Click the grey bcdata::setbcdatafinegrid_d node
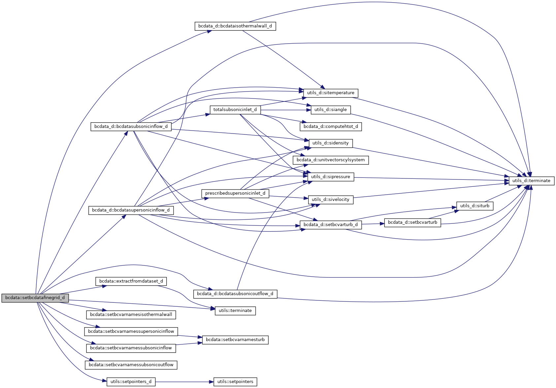[x=35, y=298]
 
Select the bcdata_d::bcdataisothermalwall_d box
[x=235, y=26]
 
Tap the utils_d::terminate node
[x=531, y=181]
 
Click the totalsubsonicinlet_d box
[x=235, y=110]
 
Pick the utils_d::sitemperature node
[x=331, y=93]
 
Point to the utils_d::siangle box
[x=331, y=110]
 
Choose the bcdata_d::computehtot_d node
[x=331, y=127]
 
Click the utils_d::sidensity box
[x=331, y=143]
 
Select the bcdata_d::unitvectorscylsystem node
[x=331, y=160]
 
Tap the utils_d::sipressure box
[x=331, y=177]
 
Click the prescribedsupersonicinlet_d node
[x=235, y=193]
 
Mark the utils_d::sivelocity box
[x=331, y=200]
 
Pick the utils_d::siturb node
[x=475, y=206]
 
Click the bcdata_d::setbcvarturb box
[x=412, y=222]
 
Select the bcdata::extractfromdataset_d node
[x=131, y=281]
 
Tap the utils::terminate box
[x=235, y=311]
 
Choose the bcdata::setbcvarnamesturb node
[x=235, y=340]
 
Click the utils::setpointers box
[x=235, y=382]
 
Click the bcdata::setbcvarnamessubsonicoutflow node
[x=131, y=365]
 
